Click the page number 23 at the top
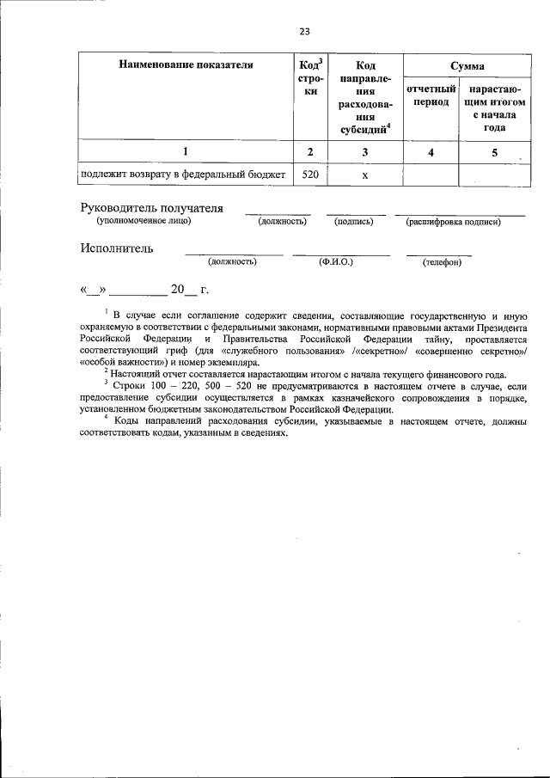[303, 33]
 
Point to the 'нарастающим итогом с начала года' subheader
[493, 107]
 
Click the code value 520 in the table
[310, 175]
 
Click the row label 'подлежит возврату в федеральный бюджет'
[181, 175]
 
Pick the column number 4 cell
[431, 152]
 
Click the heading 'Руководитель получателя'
[151, 208]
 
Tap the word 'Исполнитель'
[117, 248]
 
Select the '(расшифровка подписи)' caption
[453, 222]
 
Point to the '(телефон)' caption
[442, 261]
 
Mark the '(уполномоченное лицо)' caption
[144, 221]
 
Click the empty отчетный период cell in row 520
[431, 175]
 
